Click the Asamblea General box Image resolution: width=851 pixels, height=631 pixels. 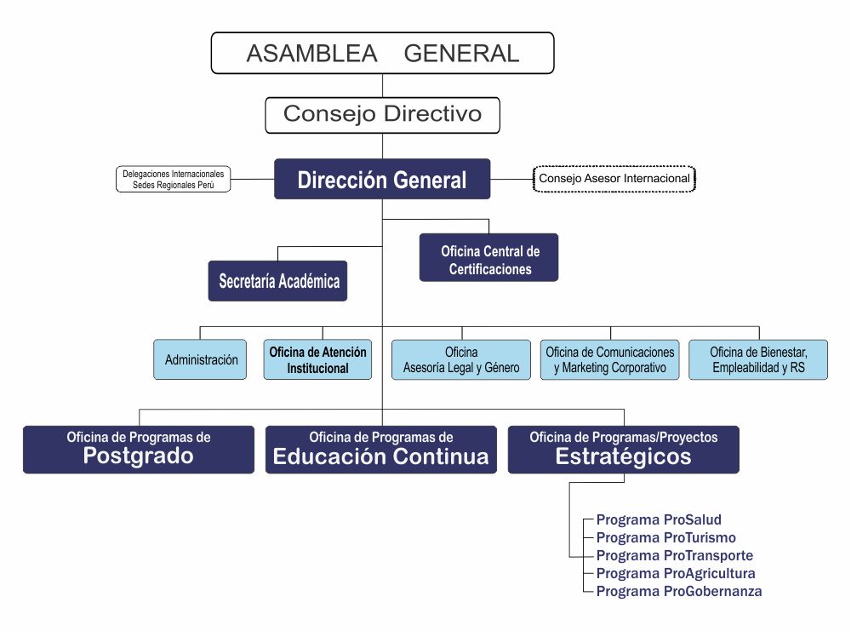click(x=382, y=53)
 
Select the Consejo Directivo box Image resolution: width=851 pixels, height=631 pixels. click(x=382, y=114)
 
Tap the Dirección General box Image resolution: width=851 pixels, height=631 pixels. click(x=382, y=180)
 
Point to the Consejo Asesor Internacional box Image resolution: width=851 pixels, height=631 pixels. click(x=614, y=179)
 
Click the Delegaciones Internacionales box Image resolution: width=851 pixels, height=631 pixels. click(x=173, y=179)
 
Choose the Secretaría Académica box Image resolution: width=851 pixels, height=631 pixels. click(x=278, y=281)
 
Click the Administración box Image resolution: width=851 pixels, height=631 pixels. click(x=201, y=359)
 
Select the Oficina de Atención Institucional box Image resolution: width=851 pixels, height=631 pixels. click(x=317, y=359)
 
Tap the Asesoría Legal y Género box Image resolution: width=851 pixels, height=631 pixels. click(x=461, y=359)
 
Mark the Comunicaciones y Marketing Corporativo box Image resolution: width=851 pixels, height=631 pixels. click(x=609, y=359)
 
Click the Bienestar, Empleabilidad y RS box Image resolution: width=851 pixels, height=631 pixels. click(x=757, y=359)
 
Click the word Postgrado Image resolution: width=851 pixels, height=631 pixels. click(x=139, y=457)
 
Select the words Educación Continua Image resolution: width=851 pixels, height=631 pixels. click(x=381, y=457)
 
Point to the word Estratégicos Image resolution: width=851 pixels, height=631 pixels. click(x=624, y=457)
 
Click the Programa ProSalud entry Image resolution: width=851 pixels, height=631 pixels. click(x=659, y=519)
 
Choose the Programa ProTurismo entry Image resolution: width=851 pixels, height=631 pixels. click(x=665, y=537)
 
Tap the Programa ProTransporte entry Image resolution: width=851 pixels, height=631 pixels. click(x=674, y=555)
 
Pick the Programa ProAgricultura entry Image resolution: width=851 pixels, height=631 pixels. click(x=676, y=573)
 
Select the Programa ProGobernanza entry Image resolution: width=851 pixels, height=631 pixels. click(x=679, y=591)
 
